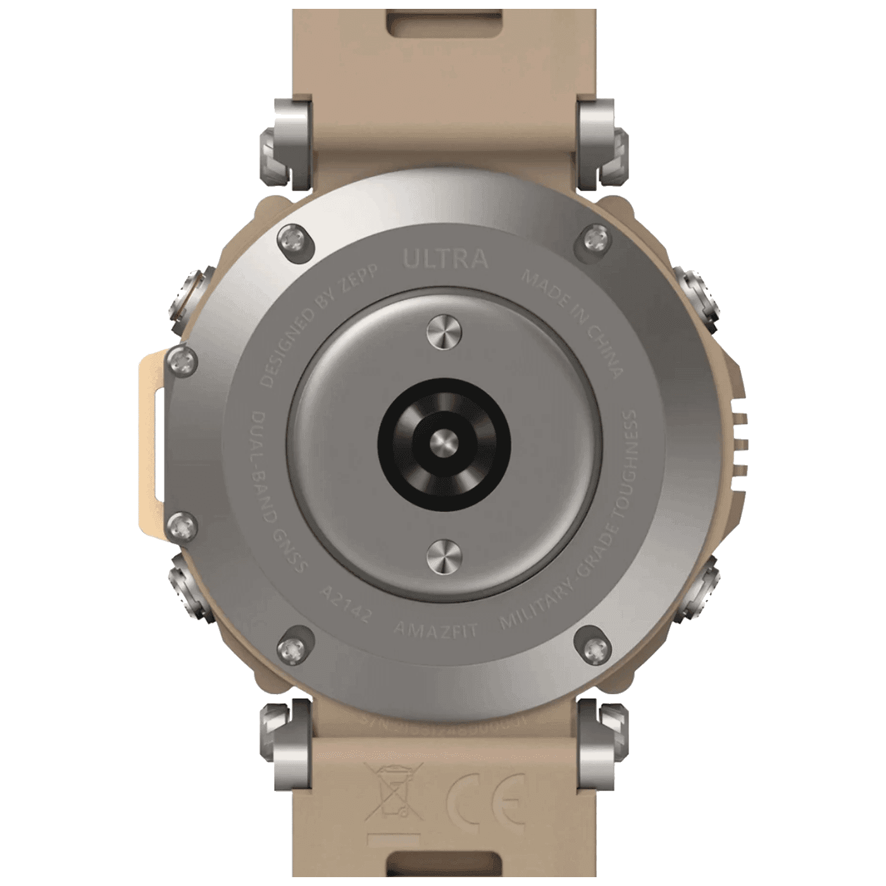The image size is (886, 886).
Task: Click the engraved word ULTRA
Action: click(x=446, y=259)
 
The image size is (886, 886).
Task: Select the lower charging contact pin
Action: click(x=444, y=555)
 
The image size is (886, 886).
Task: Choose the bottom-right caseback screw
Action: click(x=593, y=646)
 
